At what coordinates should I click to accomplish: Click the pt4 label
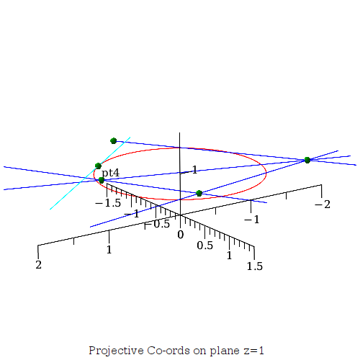click(x=110, y=173)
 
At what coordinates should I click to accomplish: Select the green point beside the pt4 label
click(x=102, y=180)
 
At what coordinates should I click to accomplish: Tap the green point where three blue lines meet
click(x=307, y=160)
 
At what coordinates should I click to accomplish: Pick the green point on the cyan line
click(x=98, y=166)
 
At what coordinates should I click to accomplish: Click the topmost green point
click(x=114, y=140)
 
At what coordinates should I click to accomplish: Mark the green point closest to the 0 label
click(x=199, y=193)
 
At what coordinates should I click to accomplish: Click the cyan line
click(x=90, y=174)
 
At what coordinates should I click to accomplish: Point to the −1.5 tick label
click(x=108, y=203)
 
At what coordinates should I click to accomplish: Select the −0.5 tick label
click(x=157, y=224)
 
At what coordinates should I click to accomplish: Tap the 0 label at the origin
click(x=181, y=235)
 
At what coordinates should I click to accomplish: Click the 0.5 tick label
click(x=204, y=246)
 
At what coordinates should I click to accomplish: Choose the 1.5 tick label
click(x=255, y=266)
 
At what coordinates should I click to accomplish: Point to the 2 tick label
click(x=39, y=265)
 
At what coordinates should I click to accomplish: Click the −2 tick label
click(x=323, y=204)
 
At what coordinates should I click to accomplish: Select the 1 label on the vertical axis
click(x=194, y=170)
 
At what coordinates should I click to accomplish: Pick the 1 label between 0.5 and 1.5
click(x=230, y=256)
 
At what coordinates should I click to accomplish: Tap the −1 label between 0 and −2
click(x=252, y=220)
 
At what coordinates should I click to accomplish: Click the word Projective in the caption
click(x=116, y=351)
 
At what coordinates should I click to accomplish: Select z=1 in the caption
click(x=254, y=351)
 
